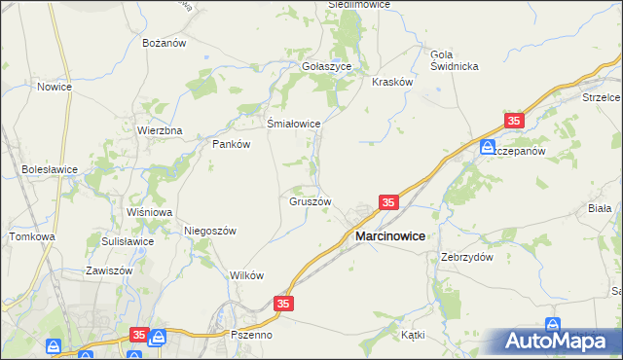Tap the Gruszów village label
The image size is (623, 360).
coord(311,202)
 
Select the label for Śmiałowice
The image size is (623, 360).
coord(294,124)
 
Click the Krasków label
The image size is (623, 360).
coord(393,83)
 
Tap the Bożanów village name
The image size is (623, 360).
coord(164,44)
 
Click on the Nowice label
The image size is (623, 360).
coord(55,87)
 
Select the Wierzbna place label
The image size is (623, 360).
coord(161,130)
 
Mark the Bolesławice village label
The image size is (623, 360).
coord(50,169)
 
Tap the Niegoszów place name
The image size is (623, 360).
coord(210,231)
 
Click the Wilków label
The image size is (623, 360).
coord(247,275)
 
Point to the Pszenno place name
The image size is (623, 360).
coord(252,334)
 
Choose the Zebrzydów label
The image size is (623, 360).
coord(467,257)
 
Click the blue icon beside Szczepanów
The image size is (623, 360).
coord(486,147)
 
